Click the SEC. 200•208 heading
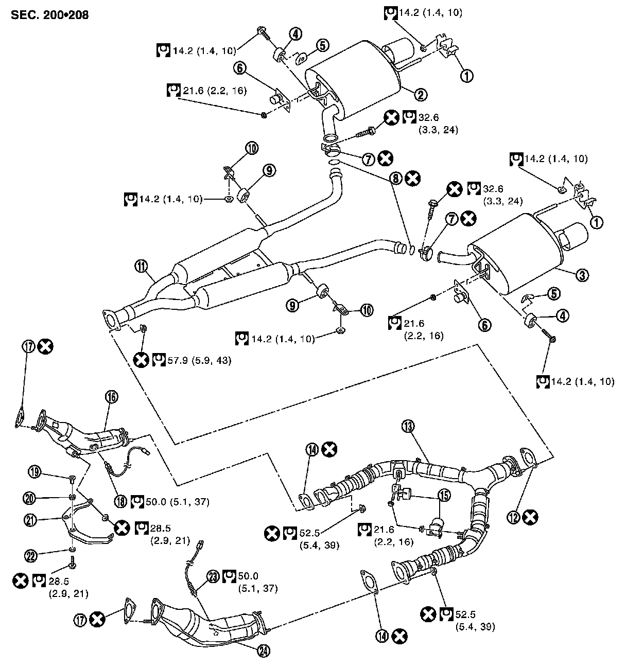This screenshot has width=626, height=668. click(x=49, y=14)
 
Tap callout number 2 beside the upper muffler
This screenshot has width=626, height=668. click(x=421, y=94)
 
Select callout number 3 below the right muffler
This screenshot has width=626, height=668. click(x=582, y=275)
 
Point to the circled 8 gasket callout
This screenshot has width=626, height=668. click(x=395, y=178)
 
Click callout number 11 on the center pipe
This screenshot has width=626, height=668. click(x=142, y=266)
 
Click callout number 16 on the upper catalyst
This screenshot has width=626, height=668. click(x=111, y=396)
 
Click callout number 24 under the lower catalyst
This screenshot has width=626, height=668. click(x=264, y=650)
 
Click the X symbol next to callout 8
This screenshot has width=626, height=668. click(x=412, y=178)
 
